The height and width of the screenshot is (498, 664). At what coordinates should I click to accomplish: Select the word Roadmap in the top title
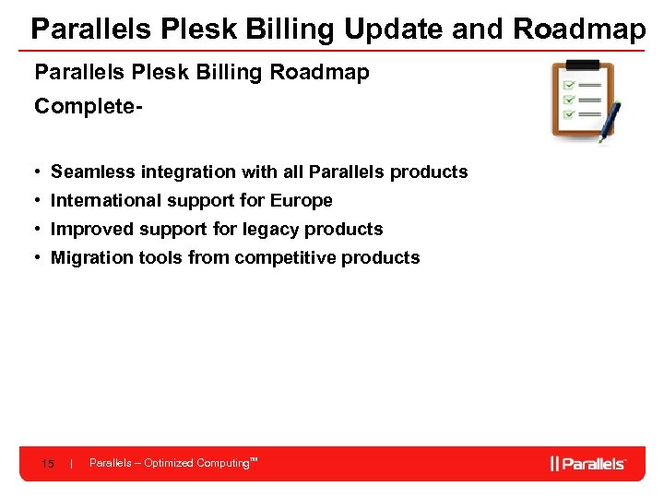[x=579, y=30]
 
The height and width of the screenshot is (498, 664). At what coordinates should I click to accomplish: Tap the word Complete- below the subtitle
[x=89, y=107]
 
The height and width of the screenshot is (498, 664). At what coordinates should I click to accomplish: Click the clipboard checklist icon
[x=581, y=100]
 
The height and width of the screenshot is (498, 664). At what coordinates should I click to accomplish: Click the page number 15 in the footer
[x=47, y=464]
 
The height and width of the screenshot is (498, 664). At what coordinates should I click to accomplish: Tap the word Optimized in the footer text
[x=169, y=463]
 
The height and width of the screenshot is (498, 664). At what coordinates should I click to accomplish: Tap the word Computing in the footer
[x=222, y=463]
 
